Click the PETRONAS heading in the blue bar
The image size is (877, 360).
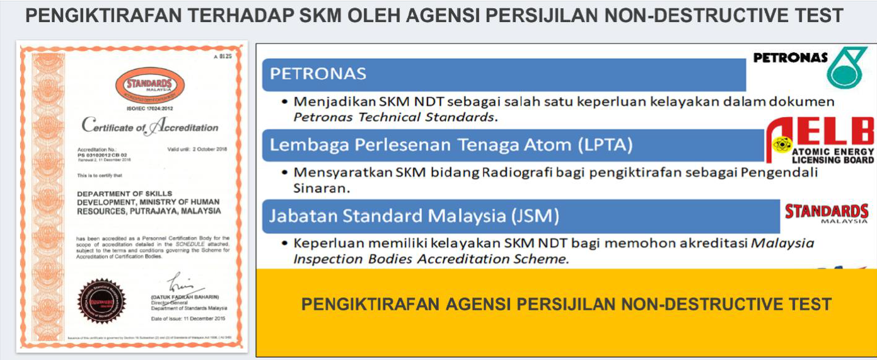(x=318, y=74)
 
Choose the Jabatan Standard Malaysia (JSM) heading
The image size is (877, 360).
(x=414, y=216)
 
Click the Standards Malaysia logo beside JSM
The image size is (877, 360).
(x=826, y=212)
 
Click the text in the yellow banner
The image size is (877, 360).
(x=566, y=305)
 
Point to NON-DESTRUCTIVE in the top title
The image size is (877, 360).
(x=690, y=16)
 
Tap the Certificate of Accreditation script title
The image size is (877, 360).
(x=150, y=126)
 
